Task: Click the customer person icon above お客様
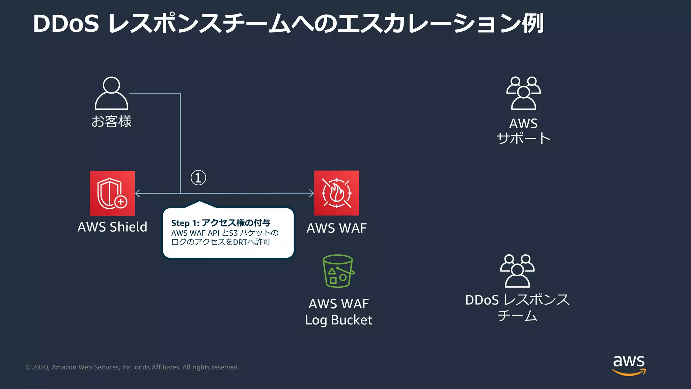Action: tap(111, 93)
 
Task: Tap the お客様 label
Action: tap(111, 121)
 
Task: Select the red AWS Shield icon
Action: tap(112, 193)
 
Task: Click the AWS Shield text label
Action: tap(112, 227)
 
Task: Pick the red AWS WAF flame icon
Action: tap(336, 193)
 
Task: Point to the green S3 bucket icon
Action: tap(338, 271)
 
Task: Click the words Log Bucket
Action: tap(338, 320)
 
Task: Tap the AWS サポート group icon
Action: tap(523, 93)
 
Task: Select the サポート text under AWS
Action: tap(523, 138)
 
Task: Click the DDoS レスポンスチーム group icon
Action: tap(517, 271)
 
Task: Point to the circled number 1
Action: tap(198, 178)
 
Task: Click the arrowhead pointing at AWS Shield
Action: tap(137, 193)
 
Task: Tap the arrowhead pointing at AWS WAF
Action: tap(311, 193)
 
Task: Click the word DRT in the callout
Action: tap(240, 242)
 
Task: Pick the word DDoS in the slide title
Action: tap(66, 24)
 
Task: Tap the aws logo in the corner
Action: tap(629, 365)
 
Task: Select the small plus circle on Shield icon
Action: tap(121, 202)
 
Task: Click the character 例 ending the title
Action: tap(533, 23)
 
